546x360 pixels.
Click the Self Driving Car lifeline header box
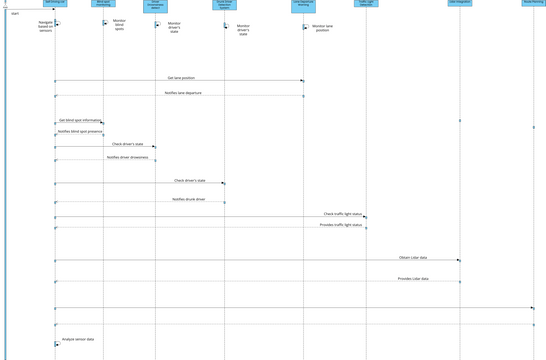(x=55, y=3)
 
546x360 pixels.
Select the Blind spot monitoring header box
(x=103, y=3)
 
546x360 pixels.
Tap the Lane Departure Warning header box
(x=303, y=3)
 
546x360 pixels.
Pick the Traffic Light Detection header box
(x=365, y=3)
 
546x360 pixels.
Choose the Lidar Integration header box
(x=459, y=3)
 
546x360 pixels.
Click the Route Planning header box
(x=533, y=3)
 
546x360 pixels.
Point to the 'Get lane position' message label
(x=181, y=78)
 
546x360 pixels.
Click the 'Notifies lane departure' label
(x=181, y=93)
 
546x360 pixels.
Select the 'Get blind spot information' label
(x=79, y=120)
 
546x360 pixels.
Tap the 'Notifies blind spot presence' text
(x=79, y=131)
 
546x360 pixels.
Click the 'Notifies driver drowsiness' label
(x=127, y=157)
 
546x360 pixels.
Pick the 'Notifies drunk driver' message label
(x=188, y=200)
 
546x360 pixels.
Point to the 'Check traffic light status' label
(x=342, y=214)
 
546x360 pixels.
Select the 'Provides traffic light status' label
(x=340, y=225)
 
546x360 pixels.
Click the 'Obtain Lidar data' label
(x=412, y=258)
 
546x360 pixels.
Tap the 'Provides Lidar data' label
(x=412, y=279)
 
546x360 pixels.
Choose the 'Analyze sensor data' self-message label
(x=78, y=340)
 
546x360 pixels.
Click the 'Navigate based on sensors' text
(x=46, y=26)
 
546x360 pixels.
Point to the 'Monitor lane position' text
(x=321, y=28)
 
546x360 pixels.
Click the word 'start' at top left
(x=15, y=13)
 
